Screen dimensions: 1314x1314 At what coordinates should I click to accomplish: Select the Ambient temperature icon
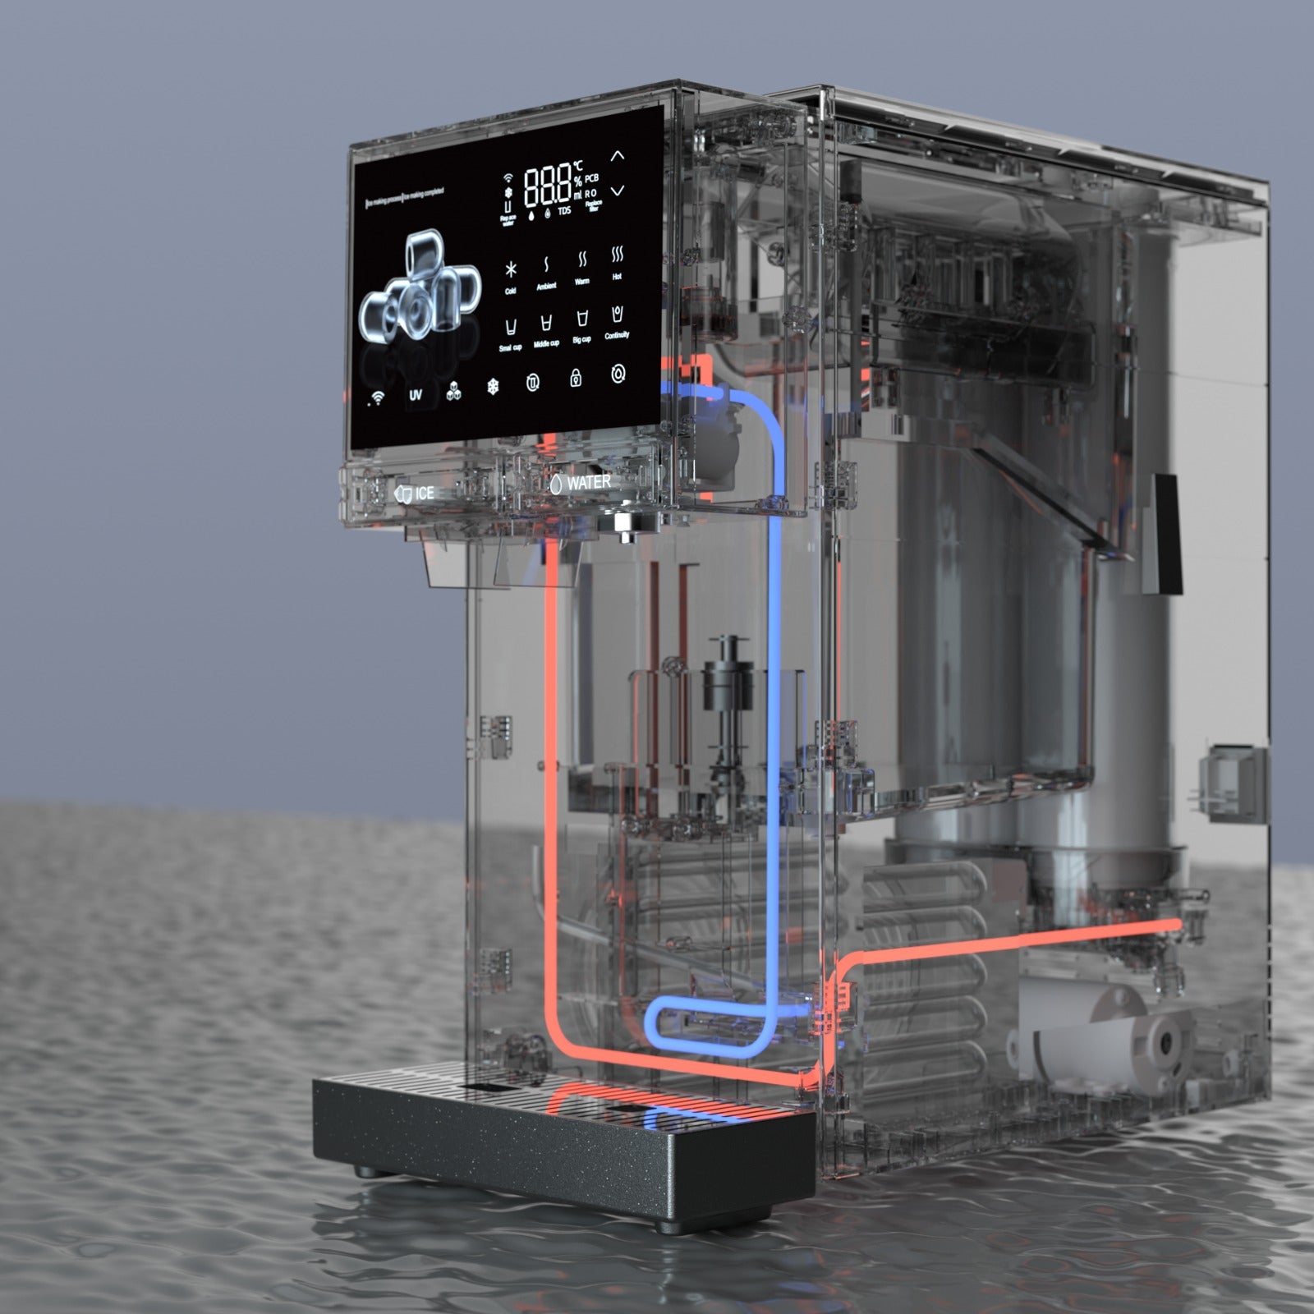[x=546, y=266]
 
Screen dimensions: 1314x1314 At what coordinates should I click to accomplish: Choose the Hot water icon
[x=617, y=258]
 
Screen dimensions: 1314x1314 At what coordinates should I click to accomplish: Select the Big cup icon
[x=581, y=320]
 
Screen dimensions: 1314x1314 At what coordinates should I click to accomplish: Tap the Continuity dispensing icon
[x=617, y=315]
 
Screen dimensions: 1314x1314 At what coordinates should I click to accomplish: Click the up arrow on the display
[x=618, y=155]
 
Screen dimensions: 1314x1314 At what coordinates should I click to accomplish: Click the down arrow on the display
[x=618, y=191]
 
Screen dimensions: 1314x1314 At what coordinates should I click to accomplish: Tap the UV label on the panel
[x=416, y=395]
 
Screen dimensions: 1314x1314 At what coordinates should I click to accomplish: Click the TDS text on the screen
[x=564, y=212]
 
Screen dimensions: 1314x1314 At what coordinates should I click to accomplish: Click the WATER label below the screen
[x=588, y=483]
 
